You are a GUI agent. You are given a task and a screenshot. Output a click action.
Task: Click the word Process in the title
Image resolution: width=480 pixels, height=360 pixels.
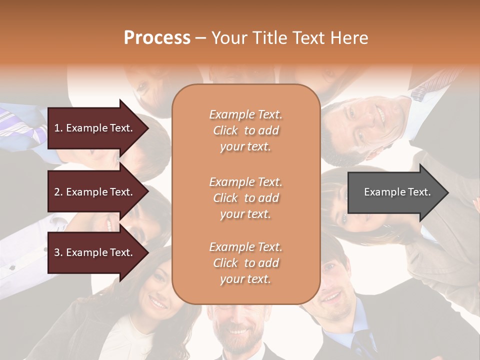(157, 38)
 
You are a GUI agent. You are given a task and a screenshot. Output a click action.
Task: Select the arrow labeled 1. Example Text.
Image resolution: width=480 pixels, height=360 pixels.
(95, 128)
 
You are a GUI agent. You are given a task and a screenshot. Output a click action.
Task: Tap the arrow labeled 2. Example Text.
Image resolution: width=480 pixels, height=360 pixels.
(95, 192)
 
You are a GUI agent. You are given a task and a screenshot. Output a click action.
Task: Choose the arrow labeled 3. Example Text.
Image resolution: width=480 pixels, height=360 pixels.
(95, 252)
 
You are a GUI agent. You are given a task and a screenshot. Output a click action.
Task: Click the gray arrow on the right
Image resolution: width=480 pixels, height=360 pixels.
(395, 192)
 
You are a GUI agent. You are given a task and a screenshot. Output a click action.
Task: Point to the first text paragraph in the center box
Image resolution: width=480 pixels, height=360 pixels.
(245, 130)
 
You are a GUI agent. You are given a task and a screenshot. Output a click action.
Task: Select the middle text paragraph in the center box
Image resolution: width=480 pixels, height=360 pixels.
(245, 198)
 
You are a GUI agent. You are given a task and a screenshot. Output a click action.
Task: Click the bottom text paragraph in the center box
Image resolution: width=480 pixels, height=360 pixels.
(245, 263)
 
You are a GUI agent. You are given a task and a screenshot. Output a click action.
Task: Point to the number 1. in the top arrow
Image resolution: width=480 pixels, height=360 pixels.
(58, 128)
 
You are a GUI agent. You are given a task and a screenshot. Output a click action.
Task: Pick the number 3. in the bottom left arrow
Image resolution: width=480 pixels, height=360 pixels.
(58, 252)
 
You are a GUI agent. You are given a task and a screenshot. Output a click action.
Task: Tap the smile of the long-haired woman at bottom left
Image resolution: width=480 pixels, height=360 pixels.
(158, 303)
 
